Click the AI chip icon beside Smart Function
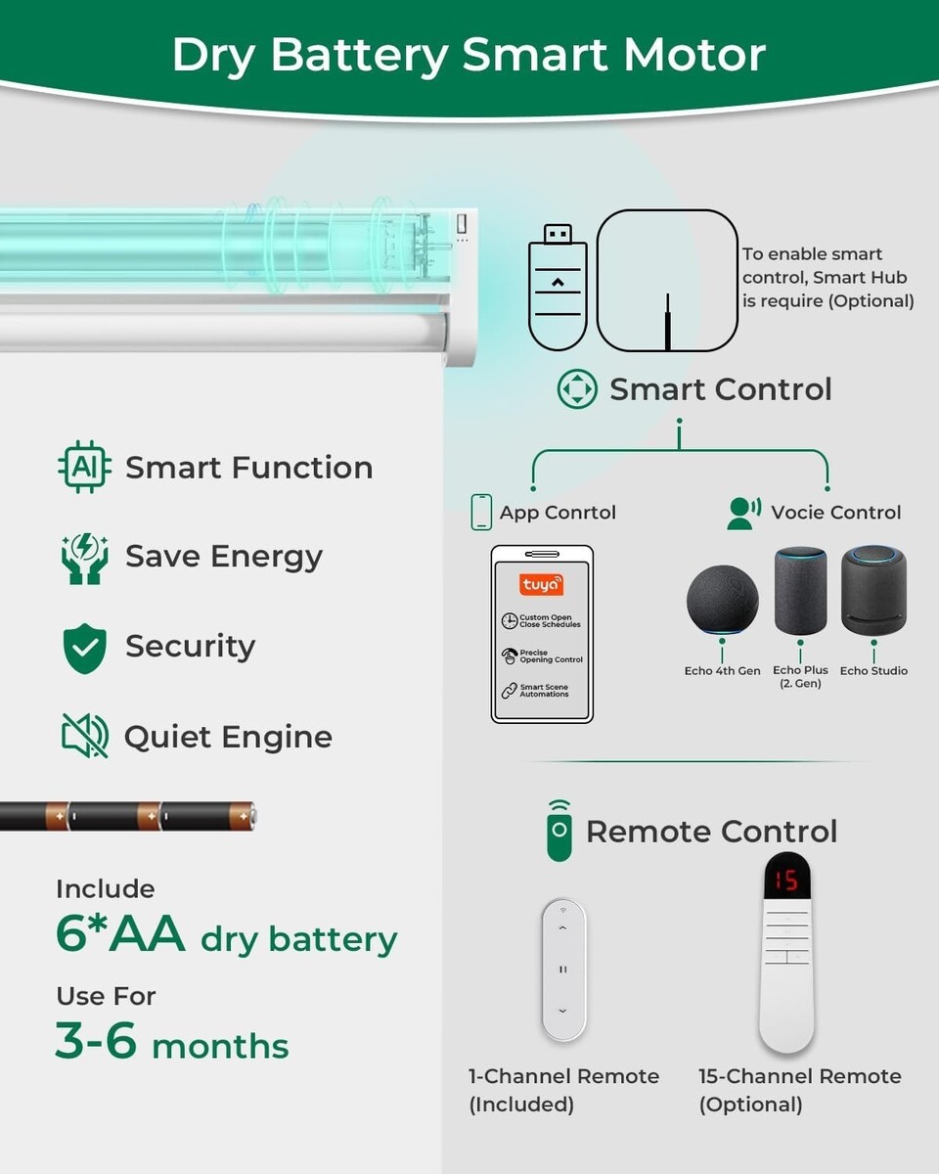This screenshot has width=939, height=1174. click(x=84, y=467)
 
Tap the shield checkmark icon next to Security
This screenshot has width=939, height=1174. click(x=84, y=648)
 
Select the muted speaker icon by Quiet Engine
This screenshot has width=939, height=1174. click(x=84, y=736)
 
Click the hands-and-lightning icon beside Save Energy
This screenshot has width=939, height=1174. click(x=84, y=558)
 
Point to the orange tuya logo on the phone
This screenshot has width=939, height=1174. click(x=541, y=584)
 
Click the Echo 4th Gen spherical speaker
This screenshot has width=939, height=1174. click(x=722, y=599)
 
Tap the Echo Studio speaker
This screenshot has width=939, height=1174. click(x=873, y=591)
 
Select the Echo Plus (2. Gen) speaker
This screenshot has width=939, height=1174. click(x=800, y=591)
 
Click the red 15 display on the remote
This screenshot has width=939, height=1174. click(x=786, y=880)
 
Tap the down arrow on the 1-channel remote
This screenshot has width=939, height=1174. click(x=563, y=1011)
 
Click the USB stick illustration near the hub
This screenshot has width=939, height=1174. click(x=558, y=287)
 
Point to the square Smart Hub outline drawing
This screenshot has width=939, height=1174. click(x=667, y=281)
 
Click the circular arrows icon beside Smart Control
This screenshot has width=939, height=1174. click(x=577, y=389)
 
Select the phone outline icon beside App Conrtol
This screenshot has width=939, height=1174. click(x=481, y=513)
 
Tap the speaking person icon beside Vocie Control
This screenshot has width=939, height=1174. click(x=744, y=513)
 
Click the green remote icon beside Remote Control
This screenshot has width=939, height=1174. click(x=559, y=831)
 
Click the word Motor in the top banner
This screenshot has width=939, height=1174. click(x=694, y=55)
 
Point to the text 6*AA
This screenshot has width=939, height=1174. click(x=120, y=934)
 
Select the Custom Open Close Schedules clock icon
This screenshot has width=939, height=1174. click(x=509, y=621)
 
